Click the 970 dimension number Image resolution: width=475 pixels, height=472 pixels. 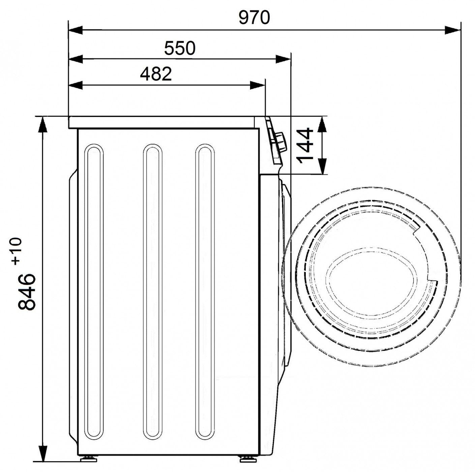(x=254, y=18)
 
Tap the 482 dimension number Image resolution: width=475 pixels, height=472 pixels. (x=156, y=74)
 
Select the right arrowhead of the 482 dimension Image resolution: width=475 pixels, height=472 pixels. (x=258, y=86)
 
